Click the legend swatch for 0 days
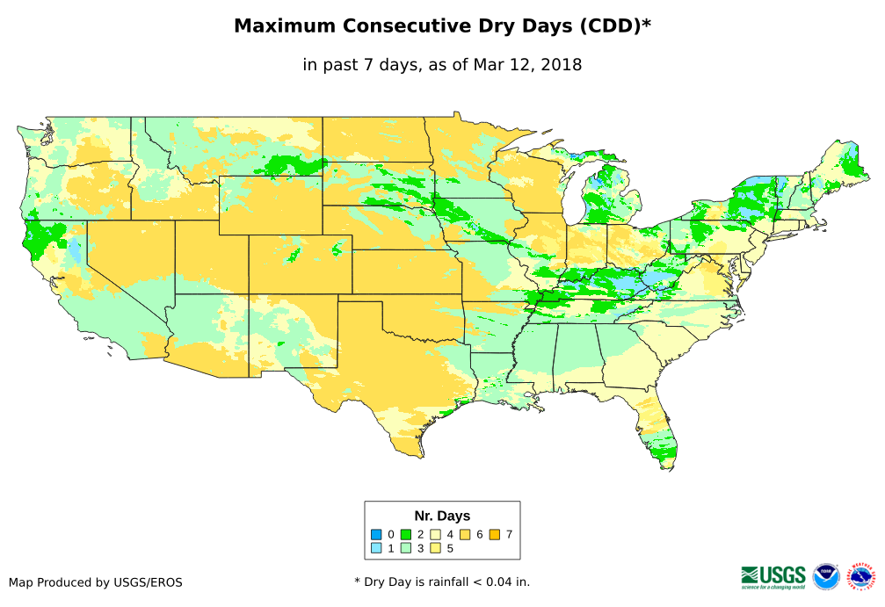point(376,534)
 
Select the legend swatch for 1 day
point(376,548)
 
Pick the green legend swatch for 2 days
point(406,534)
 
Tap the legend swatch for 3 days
point(406,548)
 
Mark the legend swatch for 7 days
point(495,534)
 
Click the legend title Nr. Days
point(442,516)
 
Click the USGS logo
point(773,575)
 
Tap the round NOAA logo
point(826,576)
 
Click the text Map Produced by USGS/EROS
point(96,582)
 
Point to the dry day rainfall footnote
point(442,582)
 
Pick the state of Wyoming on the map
point(271,206)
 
